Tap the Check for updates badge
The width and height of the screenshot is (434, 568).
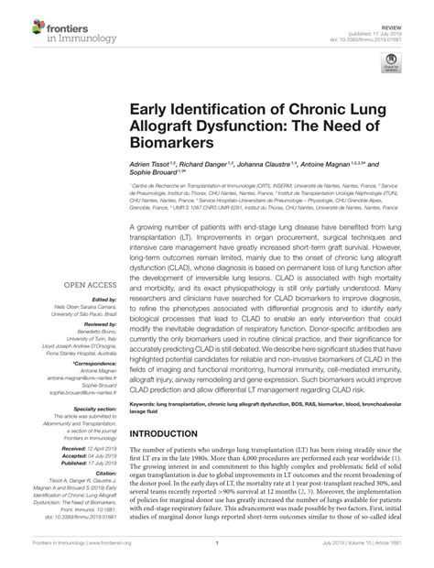400,60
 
